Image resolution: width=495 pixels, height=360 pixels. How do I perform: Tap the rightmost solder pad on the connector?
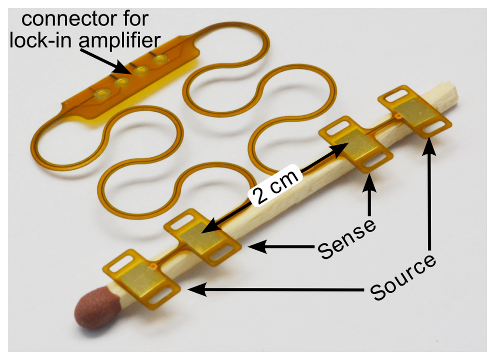(160, 60)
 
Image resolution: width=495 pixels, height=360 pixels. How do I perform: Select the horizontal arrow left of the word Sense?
(280, 247)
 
